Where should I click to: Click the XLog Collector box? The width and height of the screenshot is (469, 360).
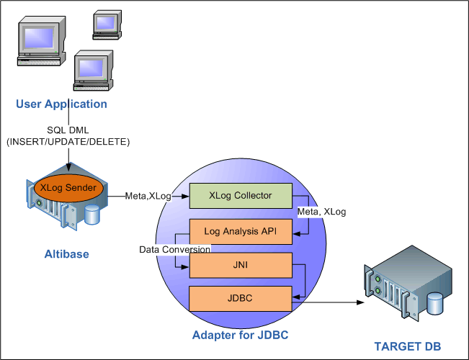pyautogui.click(x=241, y=196)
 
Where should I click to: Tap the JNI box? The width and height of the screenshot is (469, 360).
pyautogui.click(x=241, y=265)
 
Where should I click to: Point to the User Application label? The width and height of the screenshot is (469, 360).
pyautogui.click(x=62, y=104)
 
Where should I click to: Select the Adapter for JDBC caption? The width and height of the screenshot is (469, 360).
pyautogui.click(x=240, y=335)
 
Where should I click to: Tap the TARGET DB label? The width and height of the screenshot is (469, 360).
pyautogui.click(x=407, y=346)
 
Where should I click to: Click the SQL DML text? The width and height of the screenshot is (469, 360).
pyautogui.click(x=68, y=130)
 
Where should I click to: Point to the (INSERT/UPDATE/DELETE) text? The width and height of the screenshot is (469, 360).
pyautogui.click(x=68, y=142)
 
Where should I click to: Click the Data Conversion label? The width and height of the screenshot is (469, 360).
pyautogui.click(x=176, y=249)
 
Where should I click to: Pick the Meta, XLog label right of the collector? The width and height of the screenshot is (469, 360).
pyautogui.click(x=321, y=212)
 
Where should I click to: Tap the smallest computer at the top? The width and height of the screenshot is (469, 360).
pyautogui.click(x=104, y=23)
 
